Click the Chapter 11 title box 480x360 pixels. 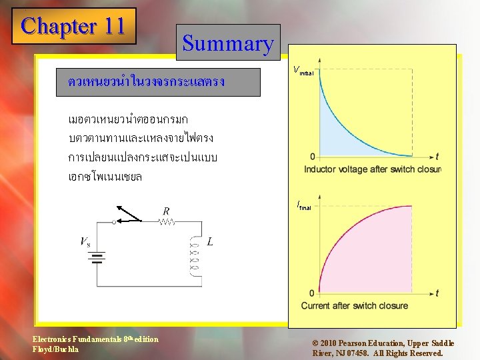click(73, 26)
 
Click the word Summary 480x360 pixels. click(228, 43)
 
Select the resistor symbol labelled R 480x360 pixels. click(167, 223)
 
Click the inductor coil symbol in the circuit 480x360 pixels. click(195, 255)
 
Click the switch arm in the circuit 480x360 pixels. click(129, 214)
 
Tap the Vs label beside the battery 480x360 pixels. click(86, 241)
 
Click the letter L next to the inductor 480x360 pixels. click(210, 241)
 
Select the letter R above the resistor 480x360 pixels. click(166, 211)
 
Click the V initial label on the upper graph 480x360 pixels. click(303, 70)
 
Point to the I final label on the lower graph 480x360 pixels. click(304, 206)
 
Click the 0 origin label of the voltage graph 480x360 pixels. click(313, 157)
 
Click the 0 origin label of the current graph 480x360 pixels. click(312, 293)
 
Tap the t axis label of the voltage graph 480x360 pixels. click(437, 157)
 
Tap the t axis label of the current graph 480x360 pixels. click(437, 293)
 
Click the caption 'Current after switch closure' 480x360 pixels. click(354, 306)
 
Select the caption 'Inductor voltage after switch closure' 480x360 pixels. click(372, 169)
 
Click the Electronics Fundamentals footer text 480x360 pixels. click(95, 344)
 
